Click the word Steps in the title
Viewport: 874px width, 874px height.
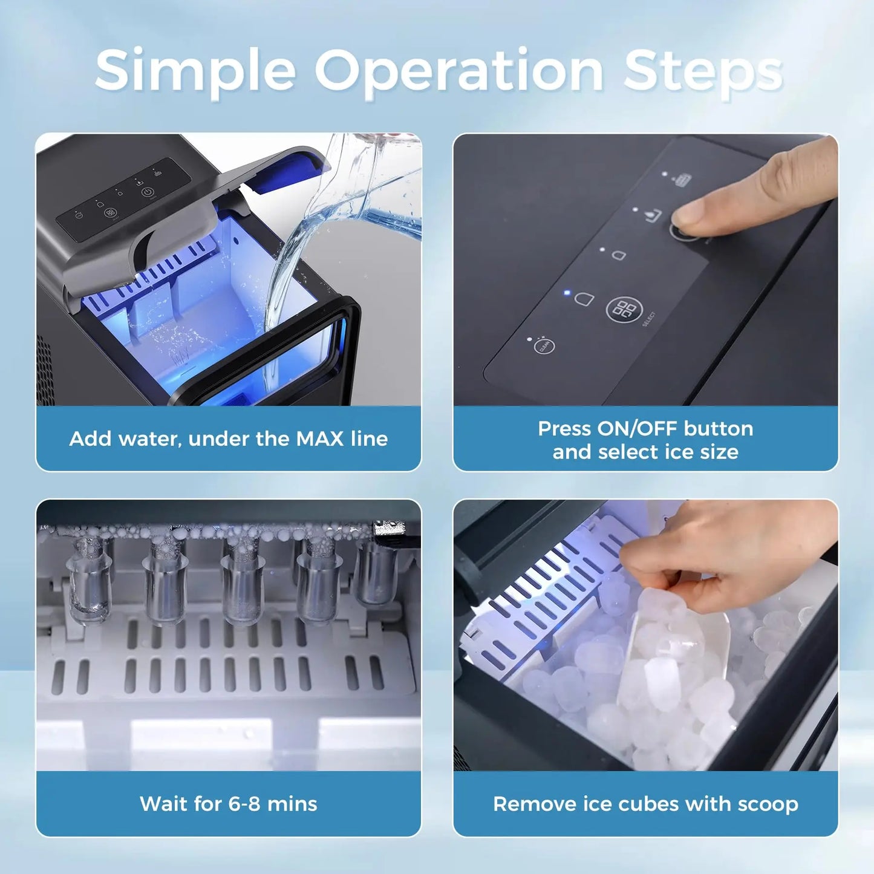[703, 71]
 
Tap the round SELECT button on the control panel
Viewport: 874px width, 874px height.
[624, 310]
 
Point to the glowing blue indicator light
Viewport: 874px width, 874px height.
[567, 293]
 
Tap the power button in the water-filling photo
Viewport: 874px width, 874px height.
[147, 192]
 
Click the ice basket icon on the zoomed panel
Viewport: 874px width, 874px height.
[682, 180]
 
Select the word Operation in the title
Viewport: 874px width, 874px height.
[458, 71]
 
